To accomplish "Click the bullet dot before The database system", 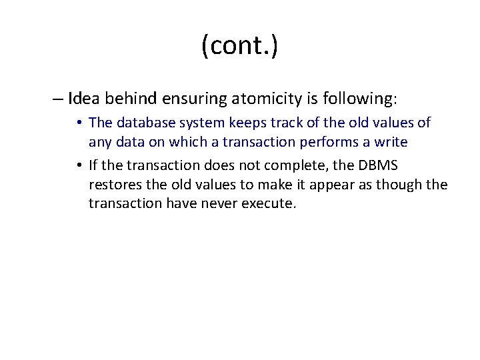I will [x=79, y=123].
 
